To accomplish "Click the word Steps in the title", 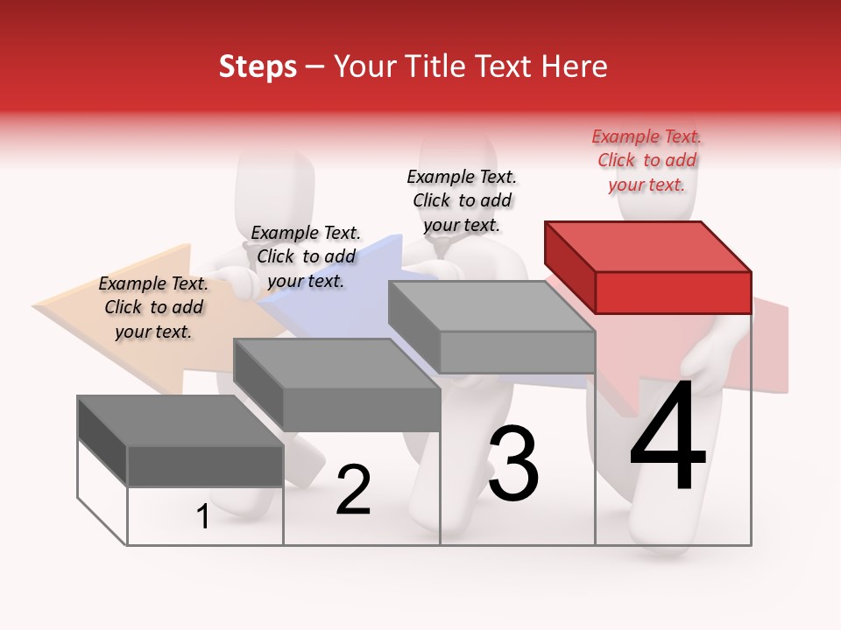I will tap(258, 67).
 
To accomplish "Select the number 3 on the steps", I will tap(513, 464).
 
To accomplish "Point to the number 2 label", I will tap(353, 490).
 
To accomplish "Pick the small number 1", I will tap(203, 517).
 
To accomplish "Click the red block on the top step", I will tap(648, 267).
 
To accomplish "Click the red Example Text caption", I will tap(647, 160).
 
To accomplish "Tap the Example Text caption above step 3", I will tap(462, 200).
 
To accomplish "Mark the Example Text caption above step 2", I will tap(306, 256).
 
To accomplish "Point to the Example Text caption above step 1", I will tap(153, 307).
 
